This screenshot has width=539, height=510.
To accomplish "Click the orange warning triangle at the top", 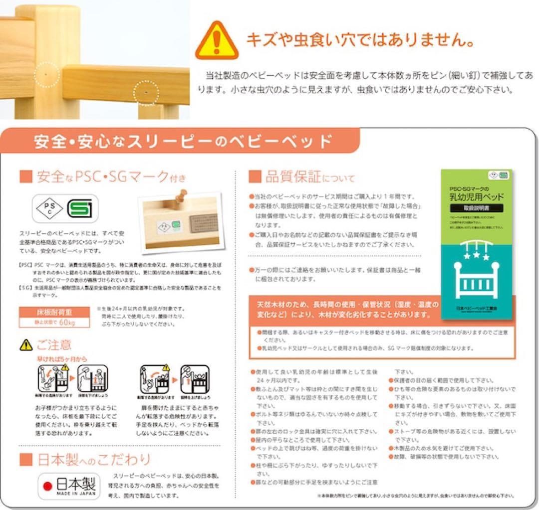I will coord(216,40).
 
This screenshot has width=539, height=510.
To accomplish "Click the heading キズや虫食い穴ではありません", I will coord(359,39).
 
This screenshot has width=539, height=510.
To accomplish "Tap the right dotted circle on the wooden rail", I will coord(146,93).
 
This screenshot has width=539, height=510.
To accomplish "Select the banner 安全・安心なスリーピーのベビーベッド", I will coord(183,142).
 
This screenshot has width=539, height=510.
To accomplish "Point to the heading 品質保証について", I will coord(302,177).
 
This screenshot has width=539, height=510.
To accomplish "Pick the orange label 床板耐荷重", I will coord(55,313).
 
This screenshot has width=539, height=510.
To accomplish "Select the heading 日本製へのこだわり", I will coord(85,459).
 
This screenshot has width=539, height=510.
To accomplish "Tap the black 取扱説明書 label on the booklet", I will coord(478,207).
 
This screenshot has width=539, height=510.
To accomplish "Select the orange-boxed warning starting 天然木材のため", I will coord(344,309).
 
